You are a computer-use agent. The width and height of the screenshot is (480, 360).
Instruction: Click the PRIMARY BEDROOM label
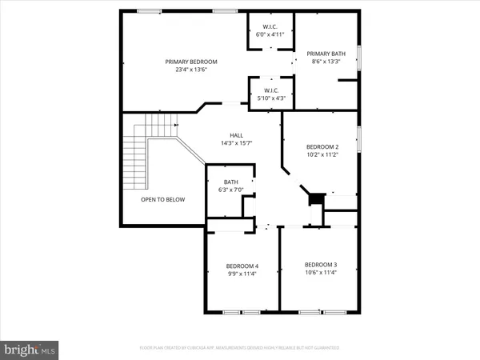pyautogui.click(x=191, y=62)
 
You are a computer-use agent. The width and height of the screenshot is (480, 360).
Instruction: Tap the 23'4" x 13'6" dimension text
pyautogui.click(x=191, y=70)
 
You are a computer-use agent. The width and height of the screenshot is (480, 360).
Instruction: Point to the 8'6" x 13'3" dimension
pyautogui.click(x=326, y=60)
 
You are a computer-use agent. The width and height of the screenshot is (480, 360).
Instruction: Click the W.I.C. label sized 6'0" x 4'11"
pyautogui.click(x=269, y=27)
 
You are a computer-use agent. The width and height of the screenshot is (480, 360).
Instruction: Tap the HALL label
pyautogui.click(x=237, y=135)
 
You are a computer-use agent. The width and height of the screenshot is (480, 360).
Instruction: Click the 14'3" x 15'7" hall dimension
pyautogui.click(x=237, y=143)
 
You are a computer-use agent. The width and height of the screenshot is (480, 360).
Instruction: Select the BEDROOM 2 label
pyautogui.click(x=322, y=147)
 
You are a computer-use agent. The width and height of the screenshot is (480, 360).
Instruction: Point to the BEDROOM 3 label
pyautogui.click(x=320, y=265)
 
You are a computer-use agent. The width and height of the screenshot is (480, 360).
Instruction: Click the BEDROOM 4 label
pyautogui.click(x=242, y=266)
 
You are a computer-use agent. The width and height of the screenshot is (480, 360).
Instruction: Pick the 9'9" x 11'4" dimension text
pyautogui.click(x=242, y=274)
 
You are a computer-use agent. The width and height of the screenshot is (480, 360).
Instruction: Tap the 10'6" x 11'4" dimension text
pyautogui.click(x=320, y=273)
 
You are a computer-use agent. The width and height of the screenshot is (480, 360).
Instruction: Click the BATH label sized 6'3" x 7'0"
pyautogui.click(x=230, y=182)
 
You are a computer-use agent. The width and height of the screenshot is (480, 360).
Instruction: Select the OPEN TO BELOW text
pyautogui.click(x=163, y=199)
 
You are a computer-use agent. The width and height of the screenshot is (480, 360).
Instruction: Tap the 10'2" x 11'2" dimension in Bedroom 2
pyautogui.click(x=322, y=155)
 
